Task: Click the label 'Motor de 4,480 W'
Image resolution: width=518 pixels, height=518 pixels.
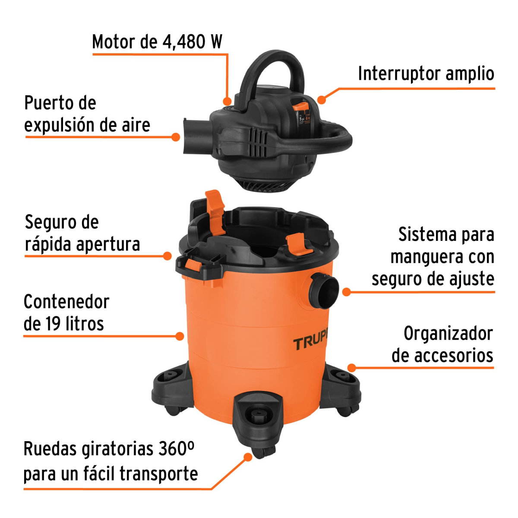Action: coord(157,42)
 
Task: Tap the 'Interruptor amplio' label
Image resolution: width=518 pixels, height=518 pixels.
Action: coord(426,74)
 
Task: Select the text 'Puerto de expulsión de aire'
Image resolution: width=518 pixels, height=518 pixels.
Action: coord(87,114)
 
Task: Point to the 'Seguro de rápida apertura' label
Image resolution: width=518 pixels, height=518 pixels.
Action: coord(82,234)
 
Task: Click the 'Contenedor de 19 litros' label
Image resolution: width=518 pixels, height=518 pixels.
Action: coord(66,313)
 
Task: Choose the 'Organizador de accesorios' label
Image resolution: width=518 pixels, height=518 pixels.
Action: coord(442,345)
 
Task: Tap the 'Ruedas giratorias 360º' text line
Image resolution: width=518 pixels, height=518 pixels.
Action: coord(109,449)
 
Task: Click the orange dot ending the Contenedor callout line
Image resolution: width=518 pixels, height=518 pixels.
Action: coord(180,336)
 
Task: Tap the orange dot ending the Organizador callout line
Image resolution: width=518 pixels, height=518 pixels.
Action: coord(352,368)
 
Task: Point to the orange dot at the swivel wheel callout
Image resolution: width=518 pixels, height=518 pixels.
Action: coord(247,457)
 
